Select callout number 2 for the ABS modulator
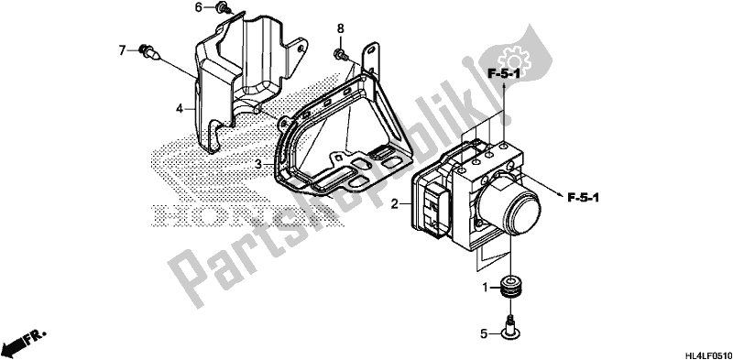click(395, 204)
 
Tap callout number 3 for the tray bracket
click(258, 164)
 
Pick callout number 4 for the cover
click(180, 109)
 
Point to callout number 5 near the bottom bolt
click(485, 334)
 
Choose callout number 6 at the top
click(198, 7)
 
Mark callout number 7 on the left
click(123, 50)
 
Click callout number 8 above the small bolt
click(340, 29)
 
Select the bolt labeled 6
click(223, 7)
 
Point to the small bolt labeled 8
click(340, 55)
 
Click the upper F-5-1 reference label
click(505, 73)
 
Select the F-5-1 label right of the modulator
click(583, 198)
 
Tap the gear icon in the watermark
click(513, 60)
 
